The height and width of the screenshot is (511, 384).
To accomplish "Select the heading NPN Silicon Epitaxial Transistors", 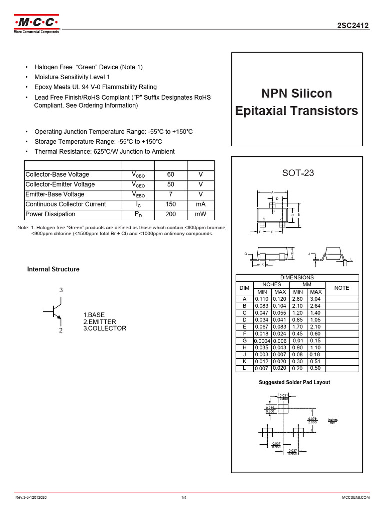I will point(296,102).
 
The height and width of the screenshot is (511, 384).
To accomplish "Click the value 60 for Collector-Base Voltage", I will point(171,175).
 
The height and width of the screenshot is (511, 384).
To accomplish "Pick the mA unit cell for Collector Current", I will point(201,204).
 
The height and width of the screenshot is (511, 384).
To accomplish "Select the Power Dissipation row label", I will point(50,214).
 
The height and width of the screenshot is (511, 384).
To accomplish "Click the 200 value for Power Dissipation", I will point(171,214).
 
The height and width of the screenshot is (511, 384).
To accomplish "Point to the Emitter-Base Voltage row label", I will point(55,194).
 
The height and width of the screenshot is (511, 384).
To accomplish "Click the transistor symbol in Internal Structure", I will point(56,311).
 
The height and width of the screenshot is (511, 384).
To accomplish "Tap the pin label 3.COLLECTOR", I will point(105,328).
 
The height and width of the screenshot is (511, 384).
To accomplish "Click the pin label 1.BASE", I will point(94,315).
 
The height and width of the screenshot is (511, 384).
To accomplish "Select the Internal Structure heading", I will point(53,269).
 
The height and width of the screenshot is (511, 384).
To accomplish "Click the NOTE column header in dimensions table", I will point(342,288).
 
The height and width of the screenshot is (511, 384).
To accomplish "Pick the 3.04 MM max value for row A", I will point(316,299).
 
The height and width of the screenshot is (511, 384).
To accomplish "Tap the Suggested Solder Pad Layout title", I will point(294,382).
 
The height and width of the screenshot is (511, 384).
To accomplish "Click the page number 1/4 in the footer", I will point(184,498).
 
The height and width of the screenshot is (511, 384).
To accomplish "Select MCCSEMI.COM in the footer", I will point(355,498).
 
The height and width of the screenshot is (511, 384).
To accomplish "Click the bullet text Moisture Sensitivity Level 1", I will point(72,77).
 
